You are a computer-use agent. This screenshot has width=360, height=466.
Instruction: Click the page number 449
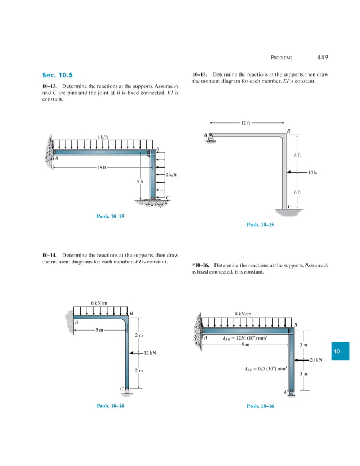322,57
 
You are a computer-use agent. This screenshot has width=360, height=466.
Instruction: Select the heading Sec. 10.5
57,75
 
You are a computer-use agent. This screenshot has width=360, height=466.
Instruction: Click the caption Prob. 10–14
110,406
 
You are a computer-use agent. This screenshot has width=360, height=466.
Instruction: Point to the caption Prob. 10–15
260,225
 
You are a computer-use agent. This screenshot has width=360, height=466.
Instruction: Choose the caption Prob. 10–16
260,406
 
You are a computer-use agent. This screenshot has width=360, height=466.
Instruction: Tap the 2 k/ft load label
172,175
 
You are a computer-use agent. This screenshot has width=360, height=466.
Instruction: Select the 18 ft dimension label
102,168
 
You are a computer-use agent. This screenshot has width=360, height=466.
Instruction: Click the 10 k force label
314,172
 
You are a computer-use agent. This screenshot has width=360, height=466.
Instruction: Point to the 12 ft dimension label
245,122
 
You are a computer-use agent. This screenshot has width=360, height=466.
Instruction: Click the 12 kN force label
150,353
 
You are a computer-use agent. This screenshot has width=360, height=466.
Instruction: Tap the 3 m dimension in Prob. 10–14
100,329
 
